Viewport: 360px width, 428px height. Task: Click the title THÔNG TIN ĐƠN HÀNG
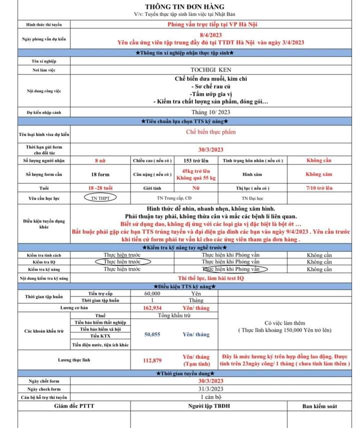tap(180, 6)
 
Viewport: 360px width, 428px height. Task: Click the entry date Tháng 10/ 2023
tap(210, 112)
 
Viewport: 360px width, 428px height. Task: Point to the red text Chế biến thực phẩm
tap(210, 132)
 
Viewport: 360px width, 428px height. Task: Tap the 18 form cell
tap(100, 174)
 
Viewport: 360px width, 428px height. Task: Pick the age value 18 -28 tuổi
tap(100, 188)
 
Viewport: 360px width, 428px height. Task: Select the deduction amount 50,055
tap(152, 334)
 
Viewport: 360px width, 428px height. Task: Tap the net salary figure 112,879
tap(152, 360)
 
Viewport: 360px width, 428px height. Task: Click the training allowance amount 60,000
tap(152, 293)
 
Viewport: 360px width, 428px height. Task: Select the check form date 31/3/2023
tap(210, 389)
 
